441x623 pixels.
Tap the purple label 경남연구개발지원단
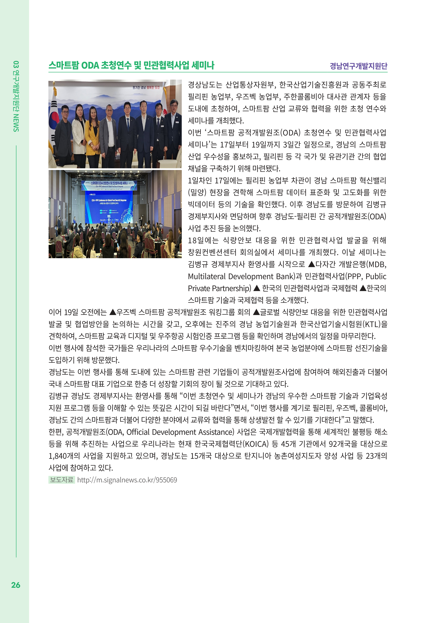click(x=359, y=66)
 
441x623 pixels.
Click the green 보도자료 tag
click(x=62, y=480)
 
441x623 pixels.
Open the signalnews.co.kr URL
click(x=127, y=480)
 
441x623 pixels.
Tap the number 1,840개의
click(x=64, y=456)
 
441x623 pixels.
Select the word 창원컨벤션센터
click(x=212, y=252)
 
